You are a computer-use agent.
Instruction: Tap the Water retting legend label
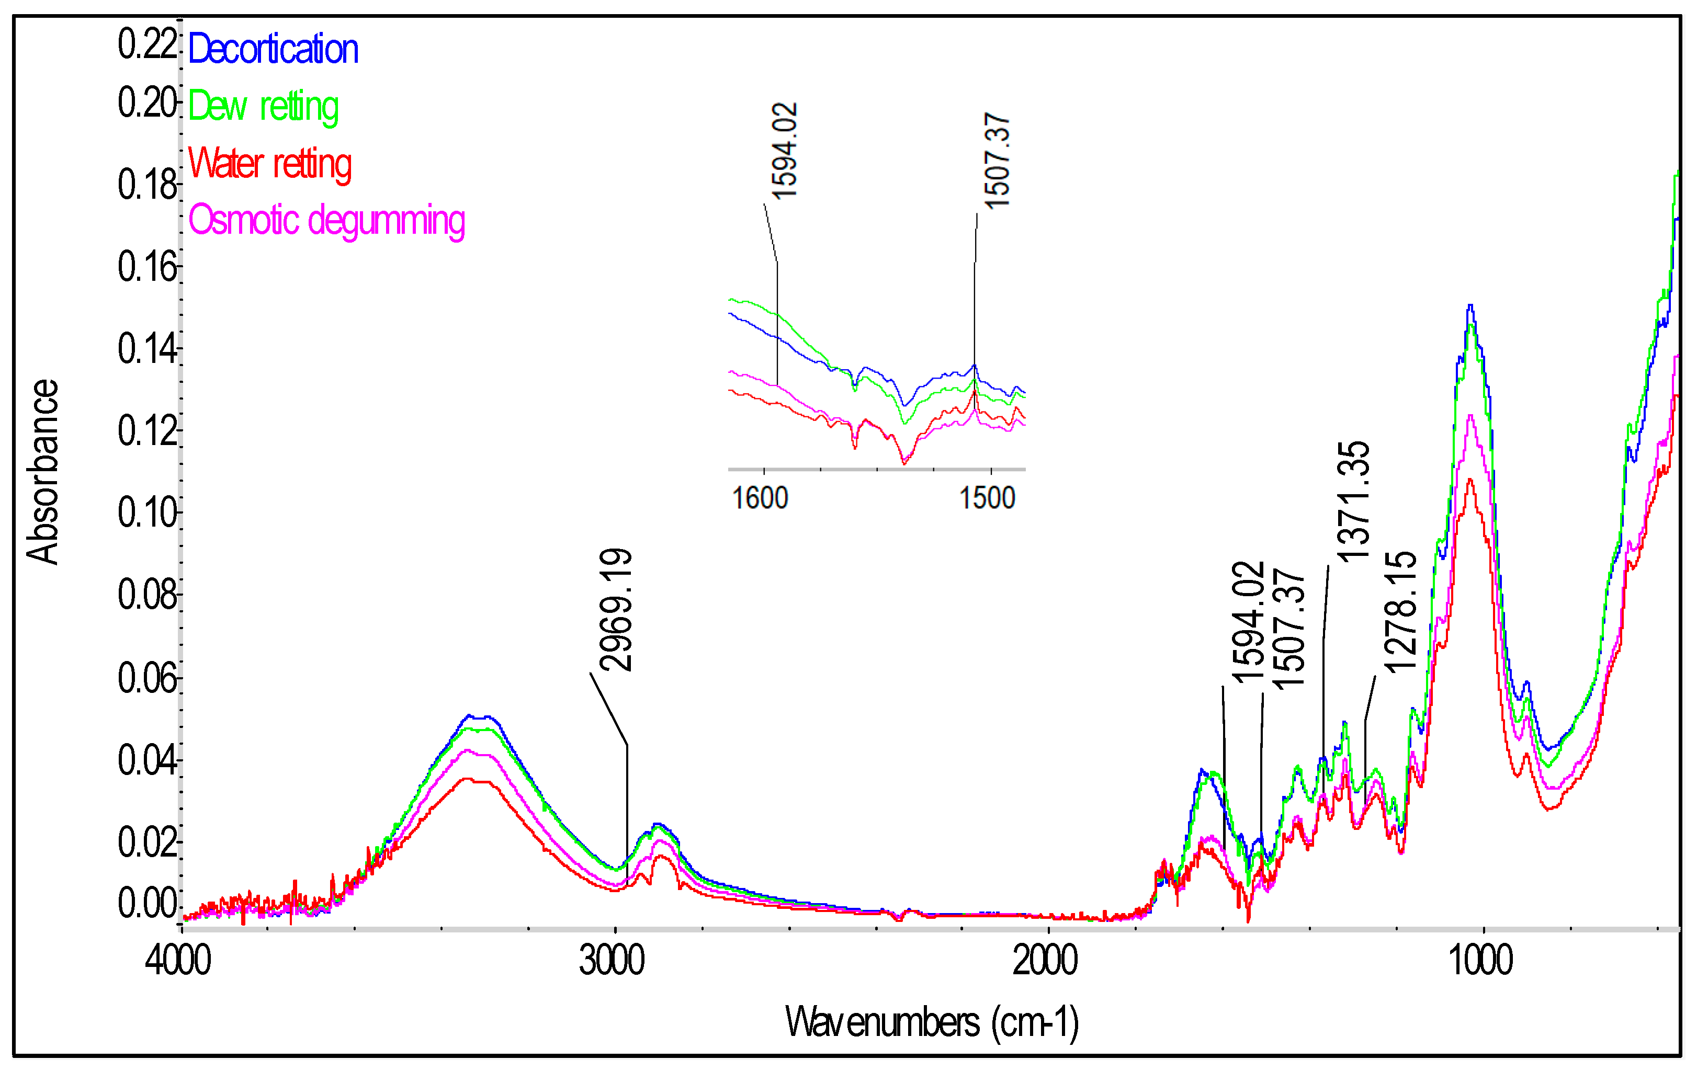point(269,164)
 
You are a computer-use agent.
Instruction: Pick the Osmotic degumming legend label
point(326,221)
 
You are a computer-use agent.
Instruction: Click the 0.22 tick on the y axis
point(146,44)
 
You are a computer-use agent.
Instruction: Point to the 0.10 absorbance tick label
point(146,512)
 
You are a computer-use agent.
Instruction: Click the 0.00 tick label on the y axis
point(146,903)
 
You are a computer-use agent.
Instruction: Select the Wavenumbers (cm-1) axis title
point(932,1022)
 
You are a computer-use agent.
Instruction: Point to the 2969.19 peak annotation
point(615,609)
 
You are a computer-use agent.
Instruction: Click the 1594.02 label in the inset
point(784,151)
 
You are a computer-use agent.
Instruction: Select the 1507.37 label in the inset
point(997,161)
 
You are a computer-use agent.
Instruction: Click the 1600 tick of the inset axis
point(760,498)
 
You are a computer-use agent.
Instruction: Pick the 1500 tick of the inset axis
point(987,498)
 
